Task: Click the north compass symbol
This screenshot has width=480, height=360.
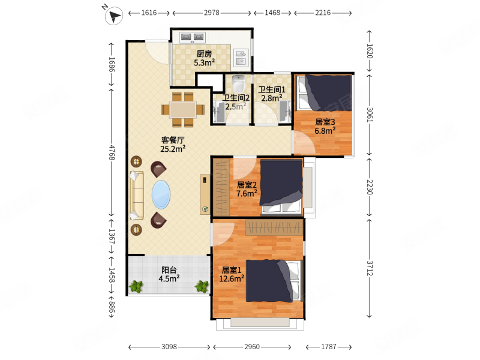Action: [114, 16]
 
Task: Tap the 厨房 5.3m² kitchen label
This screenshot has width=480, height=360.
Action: [204, 58]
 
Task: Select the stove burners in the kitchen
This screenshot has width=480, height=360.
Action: [192, 37]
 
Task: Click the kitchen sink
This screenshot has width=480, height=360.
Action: [242, 58]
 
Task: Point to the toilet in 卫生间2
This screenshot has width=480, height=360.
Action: [238, 83]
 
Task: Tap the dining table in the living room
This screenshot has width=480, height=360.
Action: [183, 110]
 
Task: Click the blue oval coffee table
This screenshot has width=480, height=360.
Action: [161, 194]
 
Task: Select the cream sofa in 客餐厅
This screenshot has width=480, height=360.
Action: [137, 195]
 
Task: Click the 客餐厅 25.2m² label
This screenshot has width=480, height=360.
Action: [173, 145]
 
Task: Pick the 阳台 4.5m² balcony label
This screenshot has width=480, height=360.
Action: [169, 274]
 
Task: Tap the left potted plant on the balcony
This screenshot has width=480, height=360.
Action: [136, 286]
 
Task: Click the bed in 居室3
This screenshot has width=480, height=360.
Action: [323, 92]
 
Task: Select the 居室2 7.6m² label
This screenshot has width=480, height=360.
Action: [247, 189]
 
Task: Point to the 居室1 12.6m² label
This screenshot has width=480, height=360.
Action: [232, 274]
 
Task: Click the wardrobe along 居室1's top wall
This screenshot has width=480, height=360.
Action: [274, 227]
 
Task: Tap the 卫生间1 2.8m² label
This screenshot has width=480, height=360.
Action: [272, 94]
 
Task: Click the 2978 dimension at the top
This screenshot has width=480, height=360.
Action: [212, 13]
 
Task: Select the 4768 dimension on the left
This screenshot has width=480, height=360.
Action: [112, 152]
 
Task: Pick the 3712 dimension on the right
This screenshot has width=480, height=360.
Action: [370, 268]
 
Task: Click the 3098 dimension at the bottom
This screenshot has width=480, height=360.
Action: [169, 347]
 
